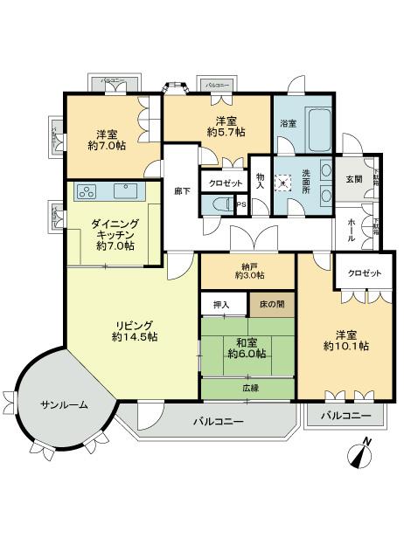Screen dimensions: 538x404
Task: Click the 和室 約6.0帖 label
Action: [x=248, y=348]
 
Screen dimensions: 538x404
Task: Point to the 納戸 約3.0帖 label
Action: [x=249, y=271]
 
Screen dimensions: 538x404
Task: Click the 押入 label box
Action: [x=222, y=304]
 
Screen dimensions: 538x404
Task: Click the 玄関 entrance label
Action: [x=351, y=179]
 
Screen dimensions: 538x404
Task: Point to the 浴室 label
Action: [x=288, y=124]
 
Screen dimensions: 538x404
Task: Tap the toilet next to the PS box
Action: [x=219, y=204]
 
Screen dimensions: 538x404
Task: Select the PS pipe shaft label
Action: [x=241, y=204]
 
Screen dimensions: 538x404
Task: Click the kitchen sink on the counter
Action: [x=122, y=189]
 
